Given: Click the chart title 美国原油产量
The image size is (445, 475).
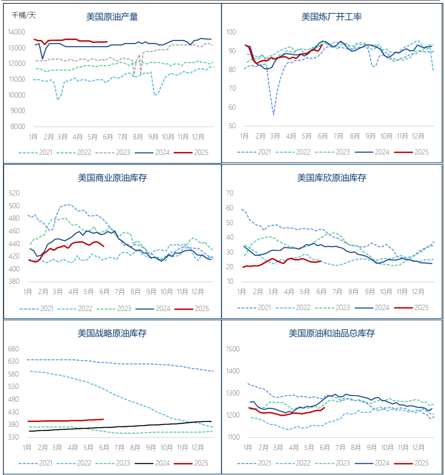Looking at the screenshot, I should pyautogui.click(x=112, y=17).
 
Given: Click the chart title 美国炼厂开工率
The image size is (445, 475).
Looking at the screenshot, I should pyautogui.click(x=332, y=17).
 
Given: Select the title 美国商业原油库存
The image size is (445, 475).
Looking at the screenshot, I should pyautogui.click(x=112, y=178).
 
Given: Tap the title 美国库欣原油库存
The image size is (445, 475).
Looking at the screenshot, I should pyautogui.click(x=332, y=178).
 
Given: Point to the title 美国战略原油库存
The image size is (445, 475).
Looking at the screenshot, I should pyautogui.click(x=112, y=333).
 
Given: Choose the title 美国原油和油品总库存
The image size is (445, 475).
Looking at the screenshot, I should pyautogui.click(x=332, y=333).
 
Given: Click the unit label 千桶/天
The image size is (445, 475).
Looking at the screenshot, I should pyautogui.click(x=24, y=15).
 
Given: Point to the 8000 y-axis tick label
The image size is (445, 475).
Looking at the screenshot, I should pyautogui.click(x=18, y=126).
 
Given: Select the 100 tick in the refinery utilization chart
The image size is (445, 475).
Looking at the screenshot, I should pyautogui.click(x=231, y=32).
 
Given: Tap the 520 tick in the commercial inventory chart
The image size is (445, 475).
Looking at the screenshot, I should pyautogui.click(x=14, y=193).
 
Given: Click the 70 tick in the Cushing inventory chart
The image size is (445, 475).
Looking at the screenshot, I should pyautogui.click(x=230, y=193).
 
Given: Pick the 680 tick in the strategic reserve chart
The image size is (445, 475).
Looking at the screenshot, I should pyautogui.click(x=14, y=349).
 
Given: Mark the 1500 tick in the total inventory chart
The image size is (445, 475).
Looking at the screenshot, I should pyautogui.click(x=233, y=349).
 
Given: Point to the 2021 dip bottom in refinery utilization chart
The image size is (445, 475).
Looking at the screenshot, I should pyautogui.click(x=273, y=115).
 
